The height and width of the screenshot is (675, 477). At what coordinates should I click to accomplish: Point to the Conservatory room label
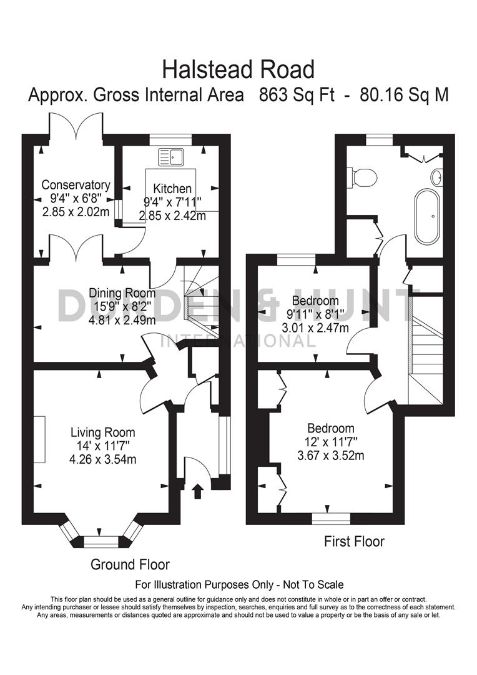pos(76,185)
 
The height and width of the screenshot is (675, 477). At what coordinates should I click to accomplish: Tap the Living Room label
pos(102,432)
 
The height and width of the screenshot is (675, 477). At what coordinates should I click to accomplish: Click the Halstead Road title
pos(238,69)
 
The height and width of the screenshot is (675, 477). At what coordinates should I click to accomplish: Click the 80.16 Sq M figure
pos(405,96)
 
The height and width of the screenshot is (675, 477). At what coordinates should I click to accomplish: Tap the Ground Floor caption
pos(130,564)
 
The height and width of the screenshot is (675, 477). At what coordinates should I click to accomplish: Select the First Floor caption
pos(354,541)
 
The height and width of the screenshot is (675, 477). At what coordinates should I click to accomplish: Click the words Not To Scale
pos(313,585)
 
